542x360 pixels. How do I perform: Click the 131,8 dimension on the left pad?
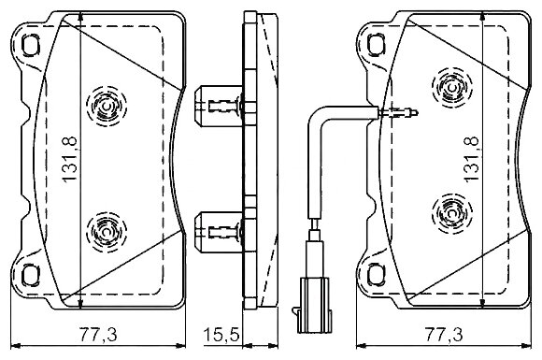pos(70,159)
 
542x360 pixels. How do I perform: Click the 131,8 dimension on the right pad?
pos(472,159)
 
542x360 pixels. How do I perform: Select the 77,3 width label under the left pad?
pos(98,335)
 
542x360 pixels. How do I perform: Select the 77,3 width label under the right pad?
pos(444,335)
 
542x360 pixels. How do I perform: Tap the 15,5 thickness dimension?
pos(221,335)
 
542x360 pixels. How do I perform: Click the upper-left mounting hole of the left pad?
pos(31,45)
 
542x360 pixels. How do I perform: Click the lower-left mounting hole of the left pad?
pos(31,275)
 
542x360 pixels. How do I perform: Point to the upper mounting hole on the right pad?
pos(376,44)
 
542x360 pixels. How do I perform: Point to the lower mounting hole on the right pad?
pos(376,274)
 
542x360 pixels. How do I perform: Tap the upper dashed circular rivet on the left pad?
pos(107,107)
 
